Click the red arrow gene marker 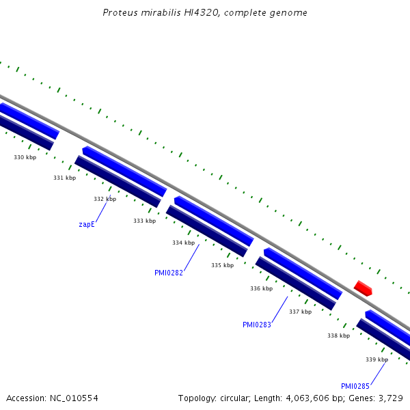point(363,288)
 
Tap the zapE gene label point(87,224)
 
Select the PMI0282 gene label point(169,273)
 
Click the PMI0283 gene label point(257,325)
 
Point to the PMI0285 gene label point(355,386)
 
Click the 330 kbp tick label point(25,157)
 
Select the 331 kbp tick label point(64,178)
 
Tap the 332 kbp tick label point(105,199)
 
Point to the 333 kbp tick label point(144,221)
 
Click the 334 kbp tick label point(183,243)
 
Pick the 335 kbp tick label point(222,265)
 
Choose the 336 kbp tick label point(261,288)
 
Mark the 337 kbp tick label point(300,312)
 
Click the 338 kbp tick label point(338,336)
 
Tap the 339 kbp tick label point(377,359)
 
